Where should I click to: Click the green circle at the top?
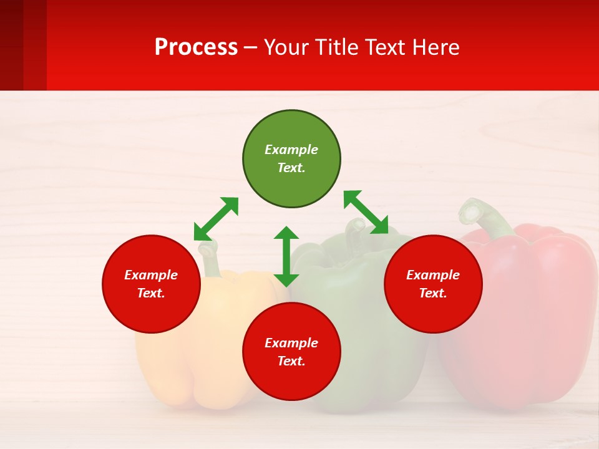point(291,159)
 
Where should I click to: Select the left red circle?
point(151,284)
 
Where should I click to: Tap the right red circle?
point(433,284)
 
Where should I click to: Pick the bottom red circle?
point(291,352)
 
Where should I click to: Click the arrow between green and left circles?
point(216,219)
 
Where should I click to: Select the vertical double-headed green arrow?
point(286,256)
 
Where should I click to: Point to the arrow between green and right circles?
point(366,212)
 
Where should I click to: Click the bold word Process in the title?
point(196,47)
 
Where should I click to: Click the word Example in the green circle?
point(291,150)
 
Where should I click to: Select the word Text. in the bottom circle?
point(291,361)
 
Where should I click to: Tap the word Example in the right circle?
point(433,275)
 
